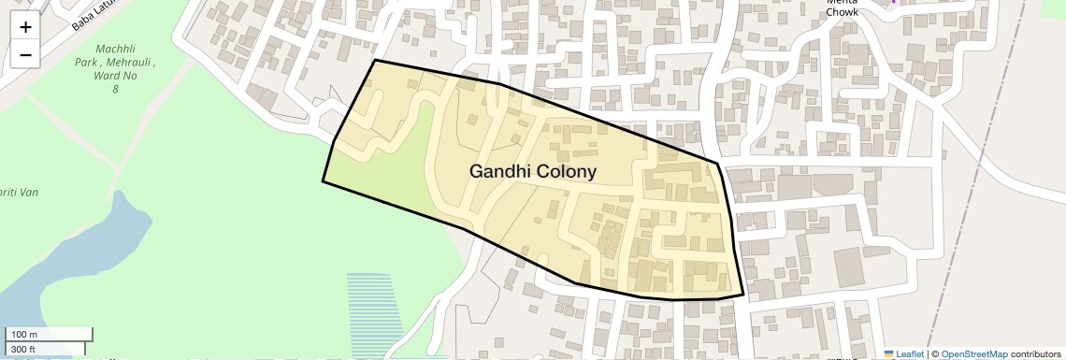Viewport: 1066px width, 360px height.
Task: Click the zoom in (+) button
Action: pos(25,27)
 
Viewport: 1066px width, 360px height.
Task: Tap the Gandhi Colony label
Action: pos(532,172)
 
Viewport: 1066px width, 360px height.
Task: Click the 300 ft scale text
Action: pos(23,350)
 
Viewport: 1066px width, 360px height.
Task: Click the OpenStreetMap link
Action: pos(973,354)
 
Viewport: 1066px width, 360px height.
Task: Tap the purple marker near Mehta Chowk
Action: pos(893,2)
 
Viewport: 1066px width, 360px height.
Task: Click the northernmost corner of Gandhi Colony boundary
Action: pos(375,61)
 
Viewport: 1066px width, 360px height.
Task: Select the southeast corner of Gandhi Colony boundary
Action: pos(743,295)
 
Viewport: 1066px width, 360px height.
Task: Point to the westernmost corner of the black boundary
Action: pos(323,181)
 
